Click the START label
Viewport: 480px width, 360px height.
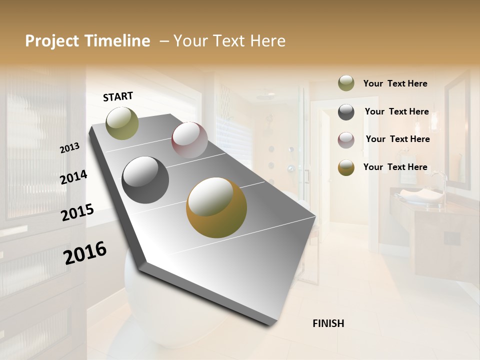pos(118,96)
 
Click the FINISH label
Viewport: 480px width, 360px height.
pos(328,323)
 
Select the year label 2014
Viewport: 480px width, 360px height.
pos(73,177)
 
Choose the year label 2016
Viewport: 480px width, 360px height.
pos(85,252)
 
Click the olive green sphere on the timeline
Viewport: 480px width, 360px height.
pos(122,123)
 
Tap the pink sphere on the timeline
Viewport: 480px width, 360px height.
pos(189,140)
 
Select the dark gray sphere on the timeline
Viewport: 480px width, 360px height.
pos(145,180)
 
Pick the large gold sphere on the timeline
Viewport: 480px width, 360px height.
pos(216,207)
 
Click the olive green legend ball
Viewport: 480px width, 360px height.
pos(346,83)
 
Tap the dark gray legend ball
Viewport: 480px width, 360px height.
pos(346,111)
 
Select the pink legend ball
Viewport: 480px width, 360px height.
pos(346,139)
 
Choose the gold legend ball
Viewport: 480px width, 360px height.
pos(346,167)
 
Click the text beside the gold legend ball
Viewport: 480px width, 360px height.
pos(395,167)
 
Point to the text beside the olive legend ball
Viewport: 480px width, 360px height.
pos(395,83)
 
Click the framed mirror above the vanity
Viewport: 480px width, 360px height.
pos(457,130)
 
